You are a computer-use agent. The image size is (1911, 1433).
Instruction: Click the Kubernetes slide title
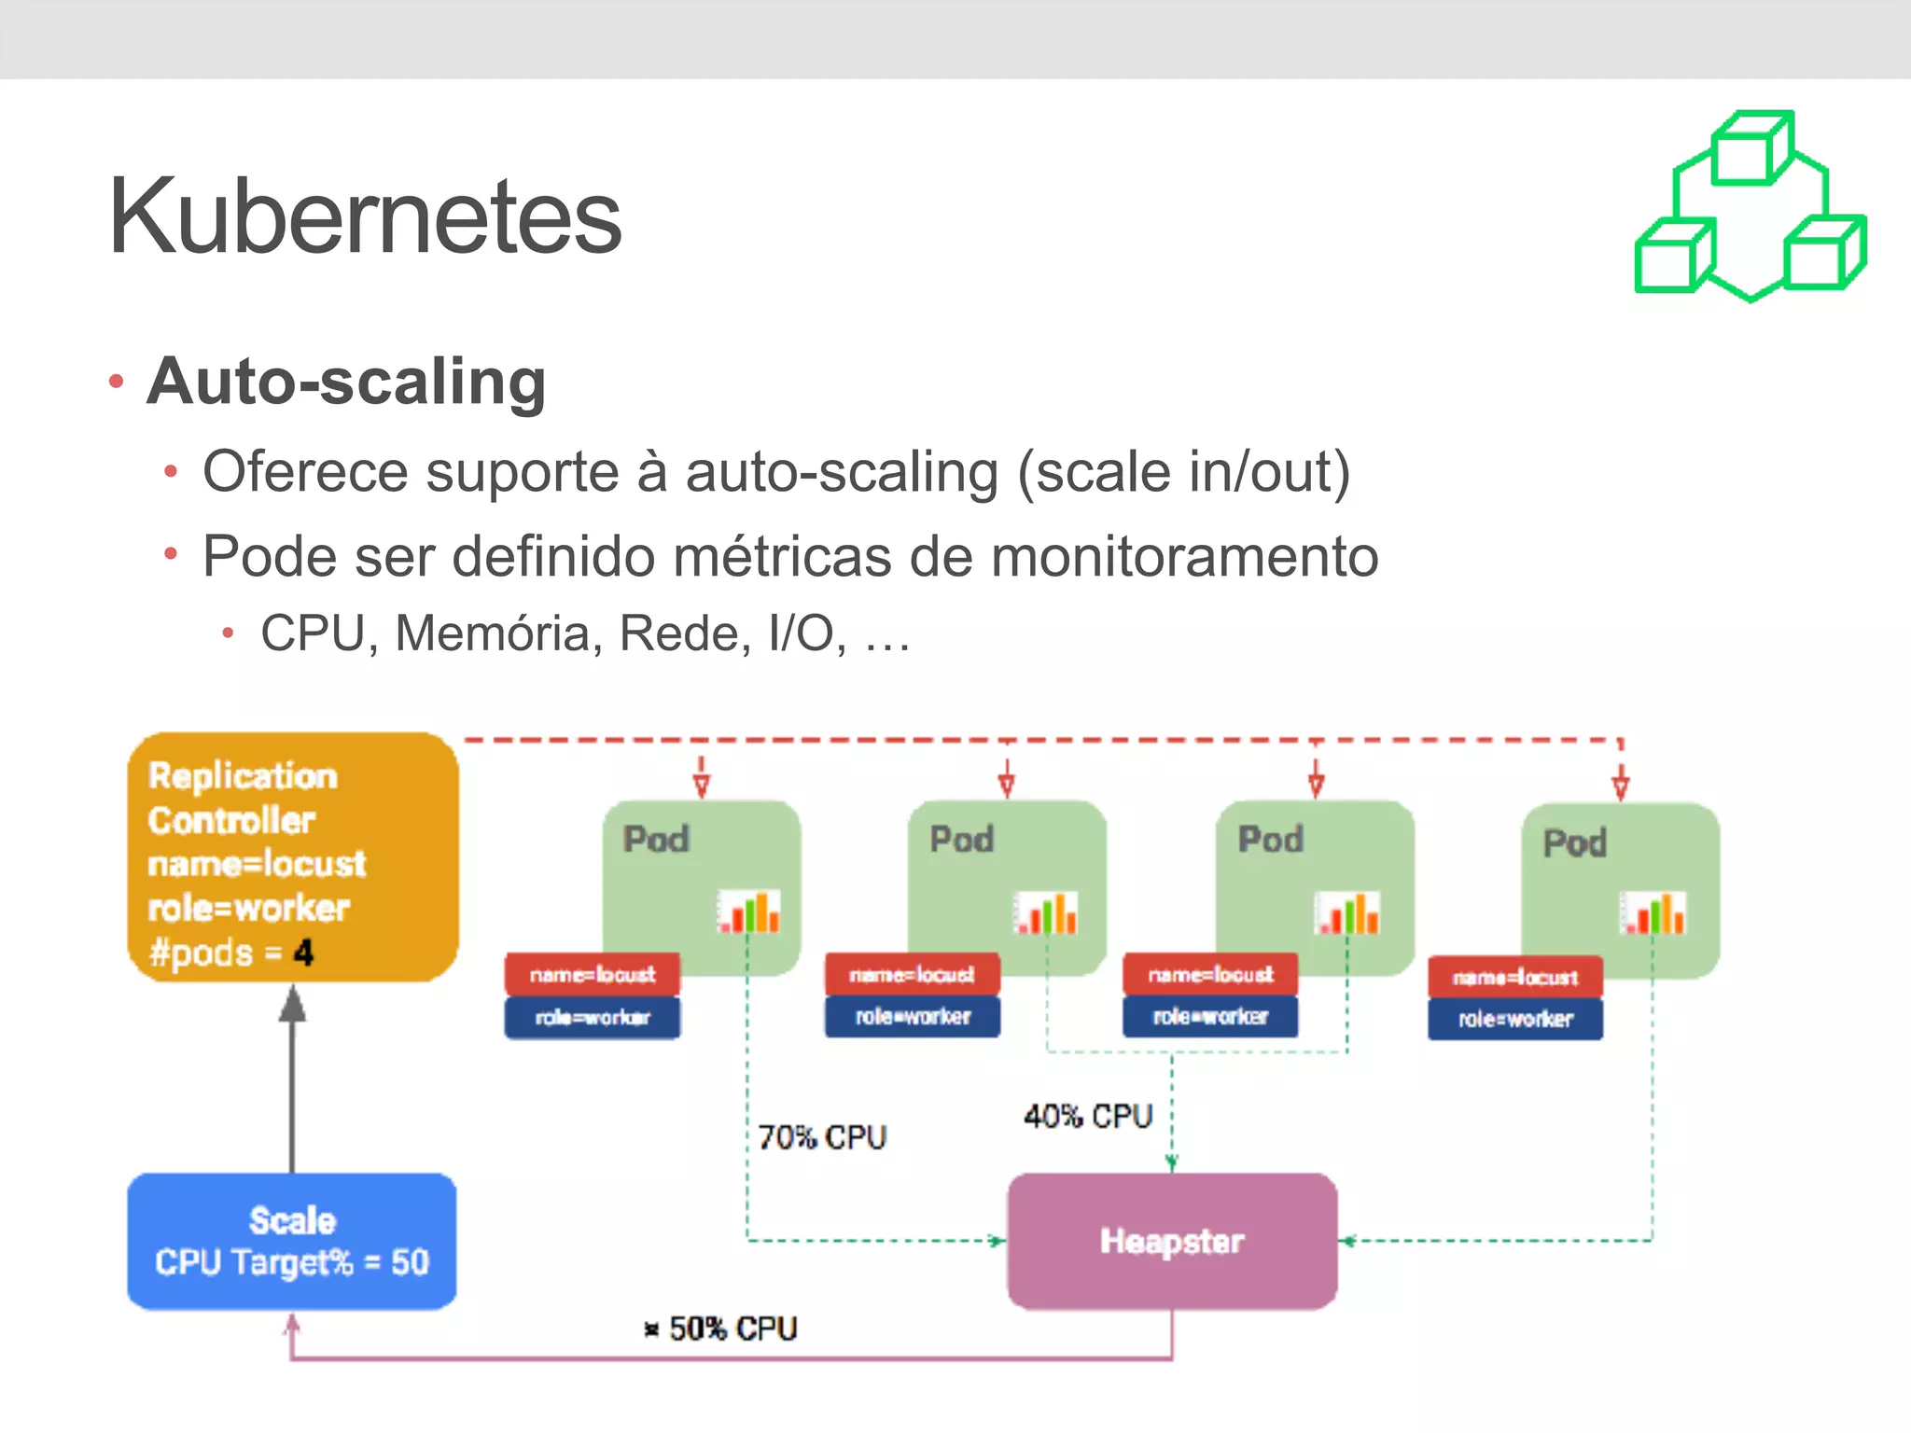coord(364,216)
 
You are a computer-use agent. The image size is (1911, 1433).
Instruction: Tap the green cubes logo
coord(1751,207)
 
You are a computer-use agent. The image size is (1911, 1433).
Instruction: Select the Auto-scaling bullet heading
coord(346,382)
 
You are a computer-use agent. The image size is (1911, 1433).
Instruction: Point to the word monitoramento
coord(1184,557)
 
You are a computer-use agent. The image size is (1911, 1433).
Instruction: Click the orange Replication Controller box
coord(292,856)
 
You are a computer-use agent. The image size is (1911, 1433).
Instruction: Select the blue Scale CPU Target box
coord(292,1241)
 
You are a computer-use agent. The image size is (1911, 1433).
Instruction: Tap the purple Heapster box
coord(1172,1241)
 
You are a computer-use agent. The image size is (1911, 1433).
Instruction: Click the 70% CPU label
coord(821,1137)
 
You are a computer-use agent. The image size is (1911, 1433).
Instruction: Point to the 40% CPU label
coord(1088,1116)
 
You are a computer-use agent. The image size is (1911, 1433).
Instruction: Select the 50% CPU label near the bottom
coord(732,1329)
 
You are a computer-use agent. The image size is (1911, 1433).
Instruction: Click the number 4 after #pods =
coord(303,953)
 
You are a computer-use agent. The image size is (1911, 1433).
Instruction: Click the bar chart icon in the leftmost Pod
coord(748,911)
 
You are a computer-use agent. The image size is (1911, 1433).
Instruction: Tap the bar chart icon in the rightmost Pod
coord(1653,912)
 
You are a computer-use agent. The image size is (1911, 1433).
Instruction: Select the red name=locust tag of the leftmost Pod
coord(593,975)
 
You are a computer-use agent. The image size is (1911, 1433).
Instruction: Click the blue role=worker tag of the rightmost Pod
coord(1515,1020)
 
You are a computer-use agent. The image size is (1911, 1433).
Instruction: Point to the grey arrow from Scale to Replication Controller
coord(292,1082)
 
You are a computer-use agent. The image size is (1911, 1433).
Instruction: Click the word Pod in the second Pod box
coord(962,839)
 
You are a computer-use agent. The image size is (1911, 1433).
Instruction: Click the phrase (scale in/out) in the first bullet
coord(1183,472)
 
